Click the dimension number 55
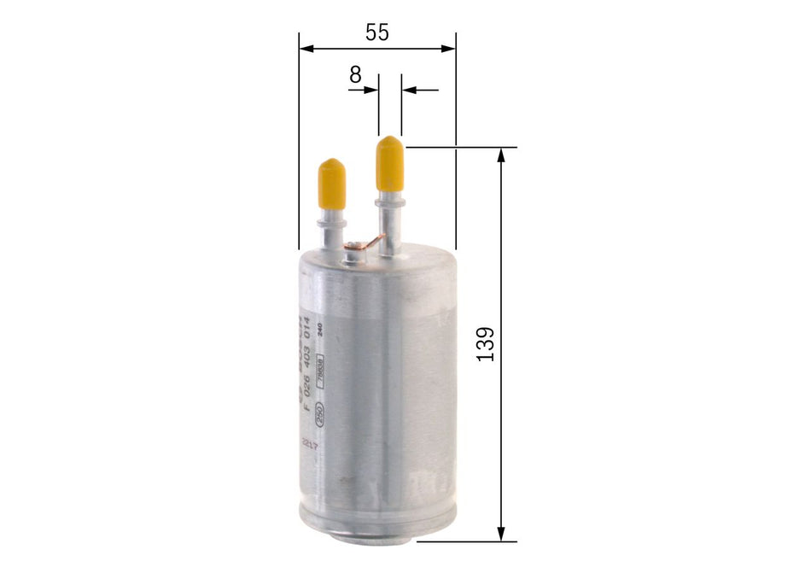376,32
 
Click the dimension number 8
355,74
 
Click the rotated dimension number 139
486,343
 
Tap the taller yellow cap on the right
389,164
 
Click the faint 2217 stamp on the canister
310,444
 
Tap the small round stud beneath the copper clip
353,251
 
